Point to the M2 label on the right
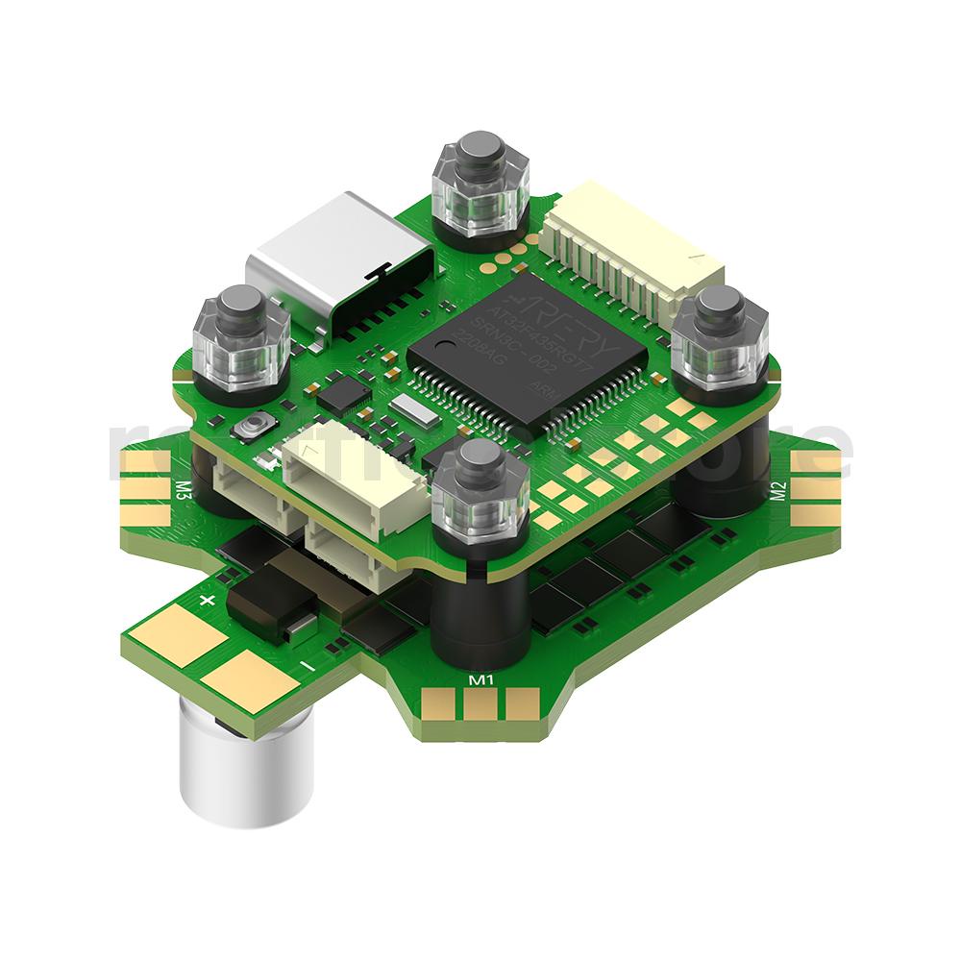(x=779, y=492)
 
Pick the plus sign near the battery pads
(x=205, y=602)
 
